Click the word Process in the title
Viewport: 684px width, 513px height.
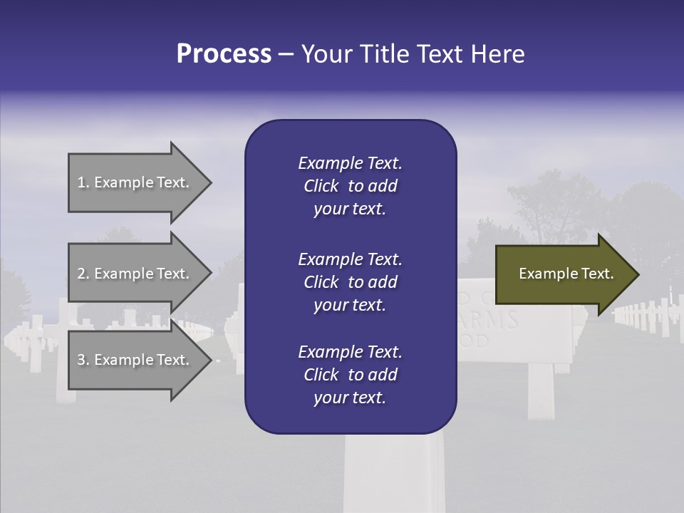pos(224,54)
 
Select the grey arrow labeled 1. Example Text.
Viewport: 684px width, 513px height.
pos(135,182)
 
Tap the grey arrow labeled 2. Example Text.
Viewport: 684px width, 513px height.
pos(135,274)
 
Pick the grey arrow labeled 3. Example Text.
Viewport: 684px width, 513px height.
pos(135,360)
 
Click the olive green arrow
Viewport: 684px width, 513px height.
pos(563,274)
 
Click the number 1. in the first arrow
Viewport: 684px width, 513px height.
pos(83,182)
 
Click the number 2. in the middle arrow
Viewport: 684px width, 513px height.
pos(83,274)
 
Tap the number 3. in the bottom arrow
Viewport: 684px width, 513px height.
pos(83,360)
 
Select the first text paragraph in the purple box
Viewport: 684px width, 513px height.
pos(350,186)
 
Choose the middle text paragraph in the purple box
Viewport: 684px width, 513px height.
pos(350,282)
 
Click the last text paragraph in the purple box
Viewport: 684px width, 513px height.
pos(350,375)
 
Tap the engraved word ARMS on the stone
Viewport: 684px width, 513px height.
pos(492,320)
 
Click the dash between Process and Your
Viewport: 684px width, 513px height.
pos(286,54)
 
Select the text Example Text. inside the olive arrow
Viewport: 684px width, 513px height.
pos(566,274)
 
